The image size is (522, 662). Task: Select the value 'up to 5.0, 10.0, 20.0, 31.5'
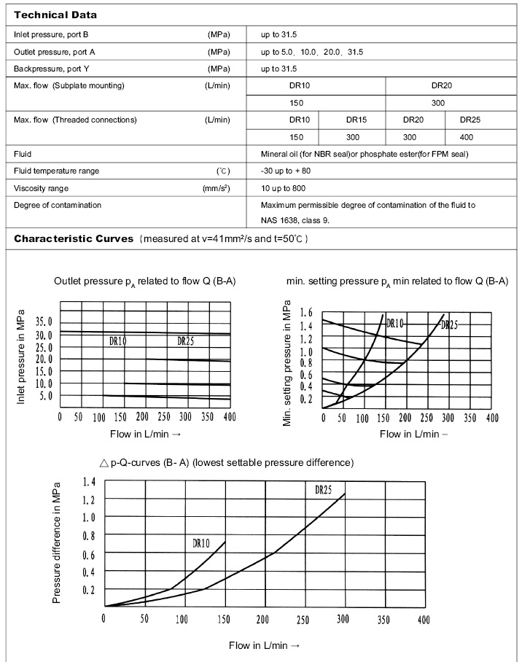point(312,52)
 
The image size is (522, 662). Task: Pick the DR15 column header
point(357,120)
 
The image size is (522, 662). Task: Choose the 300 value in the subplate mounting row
point(437,103)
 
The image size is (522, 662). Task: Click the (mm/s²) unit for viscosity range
point(217,188)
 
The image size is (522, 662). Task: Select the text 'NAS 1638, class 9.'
point(295,220)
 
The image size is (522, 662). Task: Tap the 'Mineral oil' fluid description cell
point(364,154)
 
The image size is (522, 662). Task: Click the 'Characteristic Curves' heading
point(73,238)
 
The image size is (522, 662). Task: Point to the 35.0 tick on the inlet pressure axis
point(44,322)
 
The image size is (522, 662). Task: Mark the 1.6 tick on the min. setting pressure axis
point(306,313)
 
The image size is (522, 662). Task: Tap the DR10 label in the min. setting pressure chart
point(394,323)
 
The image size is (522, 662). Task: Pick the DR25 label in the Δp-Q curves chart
point(323,491)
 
